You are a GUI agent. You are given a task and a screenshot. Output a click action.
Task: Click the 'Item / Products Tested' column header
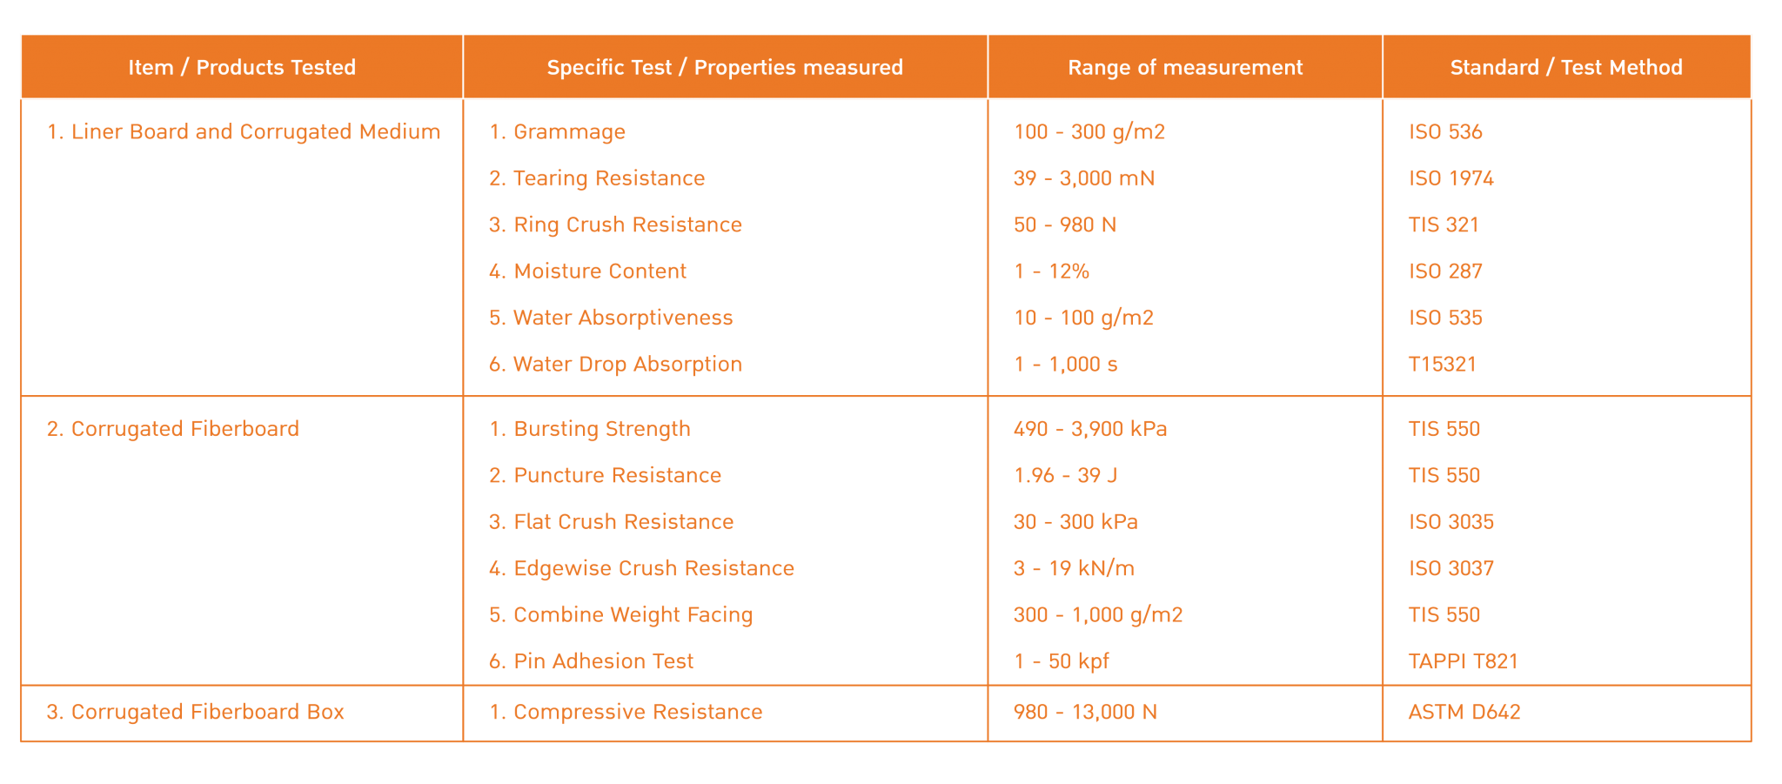pos(242,67)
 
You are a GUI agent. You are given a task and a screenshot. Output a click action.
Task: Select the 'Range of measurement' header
pos(1185,67)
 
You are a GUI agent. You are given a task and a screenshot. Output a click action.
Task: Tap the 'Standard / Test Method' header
pos(1566,67)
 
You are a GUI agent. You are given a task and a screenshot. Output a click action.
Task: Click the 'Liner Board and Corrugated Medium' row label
pos(244,131)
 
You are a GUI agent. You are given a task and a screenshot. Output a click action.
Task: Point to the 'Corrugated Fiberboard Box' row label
pos(196,712)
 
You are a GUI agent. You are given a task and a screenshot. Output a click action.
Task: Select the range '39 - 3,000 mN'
pos(1084,178)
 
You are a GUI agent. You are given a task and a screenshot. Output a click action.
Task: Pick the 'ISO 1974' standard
pos(1450,178)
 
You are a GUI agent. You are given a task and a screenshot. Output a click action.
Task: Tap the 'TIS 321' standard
pos(1444,224)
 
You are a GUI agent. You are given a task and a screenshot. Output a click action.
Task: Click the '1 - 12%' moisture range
pos(1051,271)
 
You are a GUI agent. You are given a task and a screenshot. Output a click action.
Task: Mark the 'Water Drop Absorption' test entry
pos(615,365)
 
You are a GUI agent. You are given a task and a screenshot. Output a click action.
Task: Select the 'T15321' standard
pos(1442,365)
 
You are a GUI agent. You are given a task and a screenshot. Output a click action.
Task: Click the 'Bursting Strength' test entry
pos(590,429)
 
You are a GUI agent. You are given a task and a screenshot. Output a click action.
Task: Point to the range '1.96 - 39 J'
pos(1065,475)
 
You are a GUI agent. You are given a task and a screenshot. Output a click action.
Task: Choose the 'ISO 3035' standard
pos(1450,522)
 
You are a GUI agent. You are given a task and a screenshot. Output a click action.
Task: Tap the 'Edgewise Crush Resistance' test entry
pos(641,568)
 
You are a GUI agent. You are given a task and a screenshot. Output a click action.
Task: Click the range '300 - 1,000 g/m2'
pos(1098,615)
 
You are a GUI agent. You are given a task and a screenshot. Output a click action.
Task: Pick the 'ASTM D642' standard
pos(1464,712)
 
